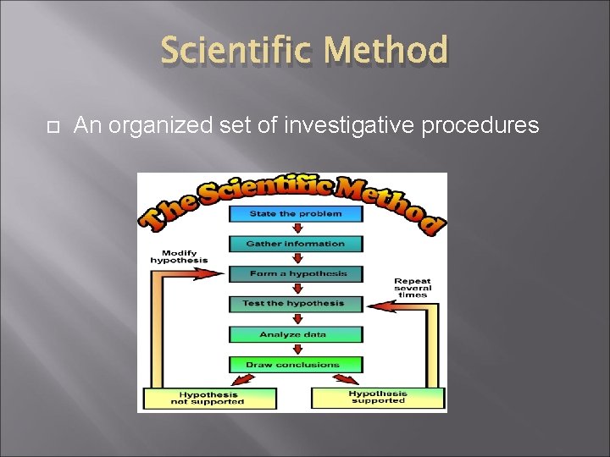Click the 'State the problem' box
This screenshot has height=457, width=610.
(296, 214)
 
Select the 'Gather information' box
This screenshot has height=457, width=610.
(296, 244)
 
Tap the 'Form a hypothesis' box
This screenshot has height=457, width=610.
(296, 273)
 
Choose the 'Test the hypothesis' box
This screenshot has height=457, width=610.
(296, 303)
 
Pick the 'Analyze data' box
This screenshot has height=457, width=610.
(296, 334)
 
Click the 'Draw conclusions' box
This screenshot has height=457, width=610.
(296, 365)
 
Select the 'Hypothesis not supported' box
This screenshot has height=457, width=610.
(210, 398)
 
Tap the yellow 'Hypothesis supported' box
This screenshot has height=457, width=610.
(378, 397)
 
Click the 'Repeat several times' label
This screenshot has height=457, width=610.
(413, 287)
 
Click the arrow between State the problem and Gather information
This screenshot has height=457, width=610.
(296, 228)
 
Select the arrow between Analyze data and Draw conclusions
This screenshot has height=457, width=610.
(296, 350)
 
